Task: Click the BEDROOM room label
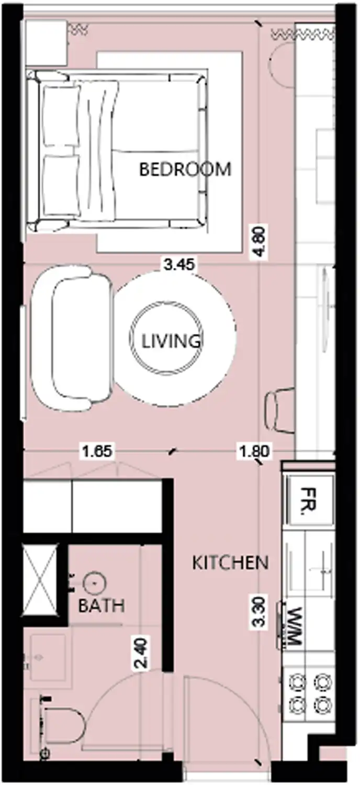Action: pyautogui.click(x=185, y=170)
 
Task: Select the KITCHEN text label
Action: pyautogui.click(x=230, y=563)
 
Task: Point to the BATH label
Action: pyautogui.click(x=101, y=606)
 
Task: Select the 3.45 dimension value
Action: pyautogui.click(x=179, y=265)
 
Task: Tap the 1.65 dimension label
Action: pyautogui.click(x=97, y=451)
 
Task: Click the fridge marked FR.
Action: pyautogui.click(x=309, y=501)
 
